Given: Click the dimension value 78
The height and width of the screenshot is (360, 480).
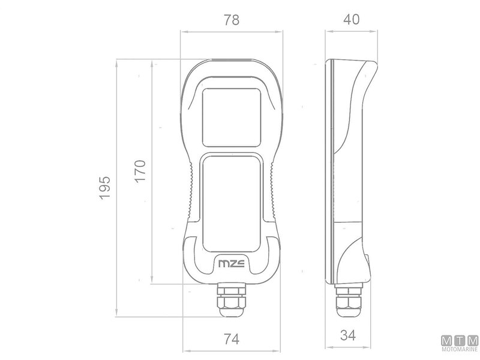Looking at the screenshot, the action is click(x=232, y=20).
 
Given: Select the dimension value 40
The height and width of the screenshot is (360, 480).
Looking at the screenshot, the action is click(x=351, y=19).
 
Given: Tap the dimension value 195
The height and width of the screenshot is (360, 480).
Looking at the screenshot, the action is click(x=104, y=188).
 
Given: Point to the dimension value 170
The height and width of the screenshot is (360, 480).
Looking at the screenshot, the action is click(x=140, y=171).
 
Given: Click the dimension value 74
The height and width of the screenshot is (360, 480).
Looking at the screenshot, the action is click(x=232, y=339).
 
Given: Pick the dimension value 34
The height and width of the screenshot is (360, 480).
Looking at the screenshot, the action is click(x=348, y=335).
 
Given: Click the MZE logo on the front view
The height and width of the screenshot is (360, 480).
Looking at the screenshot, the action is click(x=232, y=263).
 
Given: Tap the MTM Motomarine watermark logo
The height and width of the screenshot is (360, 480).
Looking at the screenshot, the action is click(x=460, y=343).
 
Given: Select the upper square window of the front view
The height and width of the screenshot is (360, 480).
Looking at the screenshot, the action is click(x=232, y=118).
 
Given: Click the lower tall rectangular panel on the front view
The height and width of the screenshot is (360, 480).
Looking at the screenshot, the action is click(x=232, y=204).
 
